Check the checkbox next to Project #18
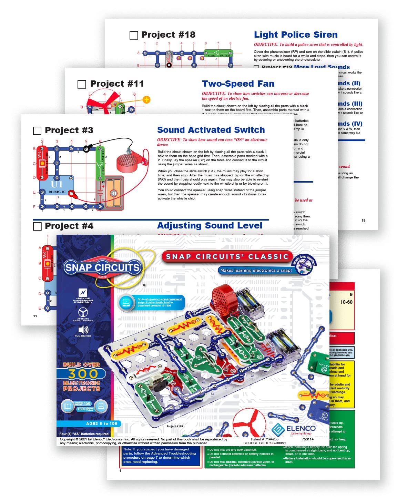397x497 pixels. tap(134, 35)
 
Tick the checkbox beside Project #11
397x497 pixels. tap(82, 84)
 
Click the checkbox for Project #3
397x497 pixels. tap(37, 130)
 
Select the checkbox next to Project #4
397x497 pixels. tap(37, 226)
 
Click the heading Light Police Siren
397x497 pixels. tap(296, 35)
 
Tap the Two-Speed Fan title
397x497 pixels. tap(238, 84)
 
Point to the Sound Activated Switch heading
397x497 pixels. tap(211, 130)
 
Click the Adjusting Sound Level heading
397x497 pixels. tap(210, 226)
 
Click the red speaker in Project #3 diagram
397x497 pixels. tap(128, 162)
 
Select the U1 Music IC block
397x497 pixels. tap(57, 186)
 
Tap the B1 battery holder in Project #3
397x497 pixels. tap(113, 193)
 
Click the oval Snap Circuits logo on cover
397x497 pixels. tap(102, 268)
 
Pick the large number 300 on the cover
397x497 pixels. tap(83, 374)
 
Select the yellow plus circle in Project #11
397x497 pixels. tap(146, 100)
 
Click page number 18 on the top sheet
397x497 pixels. tap(363, 220)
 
